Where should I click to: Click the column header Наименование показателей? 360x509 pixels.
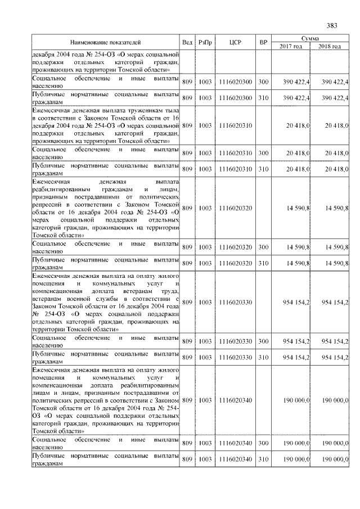tap(105, 42)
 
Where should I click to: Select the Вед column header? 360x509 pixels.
tap(187, 42)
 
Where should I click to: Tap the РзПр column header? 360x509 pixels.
tap(205, 42)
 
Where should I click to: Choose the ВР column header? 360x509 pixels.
tap(263, 42)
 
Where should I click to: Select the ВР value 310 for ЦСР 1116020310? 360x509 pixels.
tap(263, 169)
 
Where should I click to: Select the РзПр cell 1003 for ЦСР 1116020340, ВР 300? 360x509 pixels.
tap(205, 443)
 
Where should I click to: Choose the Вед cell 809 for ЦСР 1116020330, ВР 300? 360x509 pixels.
tap(187, 341)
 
